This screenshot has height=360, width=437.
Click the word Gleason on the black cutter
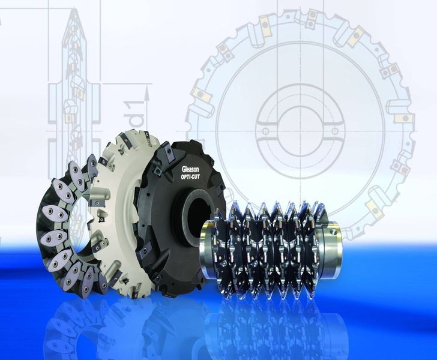pyautogui.click(x=190, y=169)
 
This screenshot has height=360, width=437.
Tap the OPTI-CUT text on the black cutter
pyautogui.click(x=190, y=177)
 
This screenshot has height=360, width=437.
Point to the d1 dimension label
pyautogui.click(x=136, y=112)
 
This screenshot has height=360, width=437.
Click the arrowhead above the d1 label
pyautogui.click(x=147, y=92)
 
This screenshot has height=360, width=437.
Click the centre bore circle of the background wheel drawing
pyautogui.click(x=301, y=130)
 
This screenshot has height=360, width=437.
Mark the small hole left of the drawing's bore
pyautogui.click(x=265, y=131)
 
